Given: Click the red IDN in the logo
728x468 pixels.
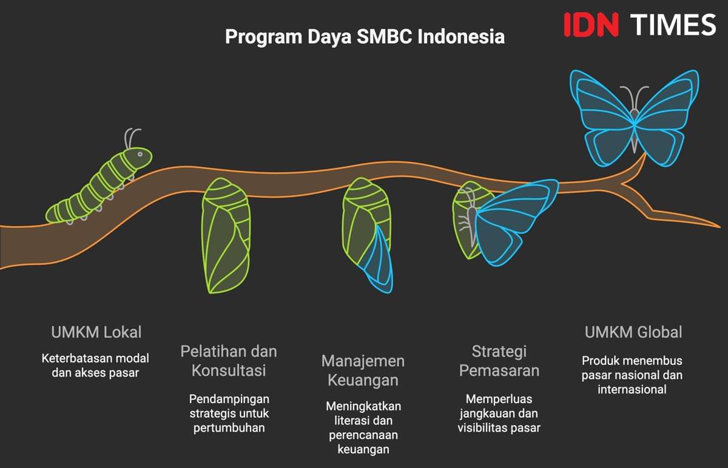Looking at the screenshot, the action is (591, 25).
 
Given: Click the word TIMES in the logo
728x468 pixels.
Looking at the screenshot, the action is (673, 25).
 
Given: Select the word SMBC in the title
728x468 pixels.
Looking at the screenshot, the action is (385, 36).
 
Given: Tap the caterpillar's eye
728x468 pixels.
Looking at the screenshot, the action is (140, 154).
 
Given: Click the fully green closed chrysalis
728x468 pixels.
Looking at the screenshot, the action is (226, 235).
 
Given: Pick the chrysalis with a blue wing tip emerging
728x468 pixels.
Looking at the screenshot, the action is (367, 235).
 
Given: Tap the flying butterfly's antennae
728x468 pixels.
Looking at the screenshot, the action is (635, 98).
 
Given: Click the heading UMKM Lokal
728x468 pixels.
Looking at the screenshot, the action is (96, 332).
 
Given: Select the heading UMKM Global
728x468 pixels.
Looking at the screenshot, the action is (633, 332).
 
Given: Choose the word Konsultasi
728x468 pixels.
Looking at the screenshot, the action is (229, 370).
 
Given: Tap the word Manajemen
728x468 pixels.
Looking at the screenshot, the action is (363, 361).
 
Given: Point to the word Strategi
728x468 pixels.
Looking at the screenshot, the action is (499, 352).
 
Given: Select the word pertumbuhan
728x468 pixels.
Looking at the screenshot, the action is (229, 429).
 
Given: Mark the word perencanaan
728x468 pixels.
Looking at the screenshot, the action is (363, 435).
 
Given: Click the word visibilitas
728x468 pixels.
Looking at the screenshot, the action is (482, 428).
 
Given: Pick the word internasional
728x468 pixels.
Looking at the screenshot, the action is (632, 389).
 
